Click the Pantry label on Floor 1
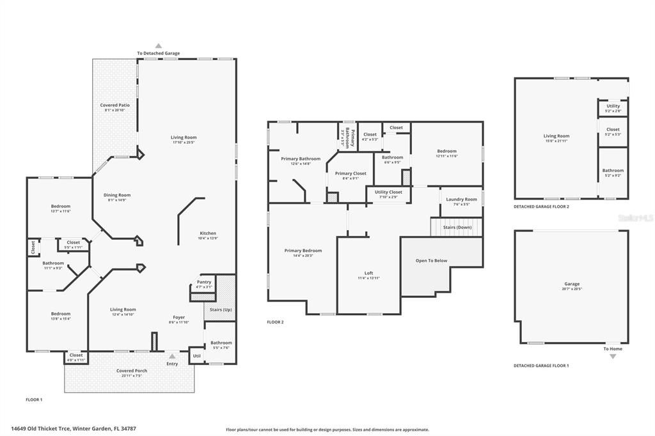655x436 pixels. (204, 282)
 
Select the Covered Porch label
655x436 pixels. (132, 371)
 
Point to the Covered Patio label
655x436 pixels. (115, 105)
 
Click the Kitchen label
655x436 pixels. (208, 233)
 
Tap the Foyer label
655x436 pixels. (179, 317)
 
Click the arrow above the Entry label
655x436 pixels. (171, 356)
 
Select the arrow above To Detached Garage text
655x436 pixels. (159, 46)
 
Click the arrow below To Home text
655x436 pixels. (612, 356)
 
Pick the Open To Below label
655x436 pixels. (432, 260)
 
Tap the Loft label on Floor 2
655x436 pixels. (369, 273)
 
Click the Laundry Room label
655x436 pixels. (461, 199)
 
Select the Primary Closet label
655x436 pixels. (351, 173)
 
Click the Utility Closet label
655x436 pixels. (388, 192)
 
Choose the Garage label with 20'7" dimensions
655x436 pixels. (571, 284)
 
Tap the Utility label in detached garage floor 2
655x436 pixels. (613, 106)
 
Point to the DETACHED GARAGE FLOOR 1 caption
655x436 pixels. (541, 366)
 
